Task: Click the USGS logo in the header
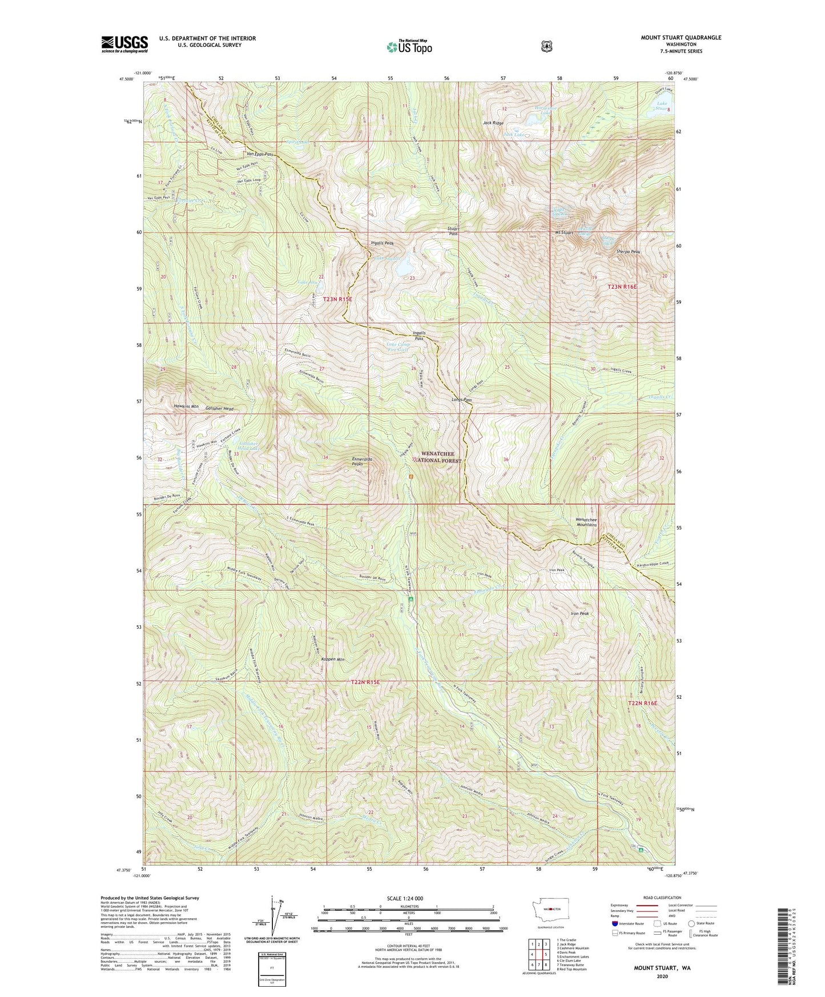coord(124,44)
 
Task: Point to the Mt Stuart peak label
coord(564,233)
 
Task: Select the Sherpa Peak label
coord(627,252)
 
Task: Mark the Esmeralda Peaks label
coord(362,461)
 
